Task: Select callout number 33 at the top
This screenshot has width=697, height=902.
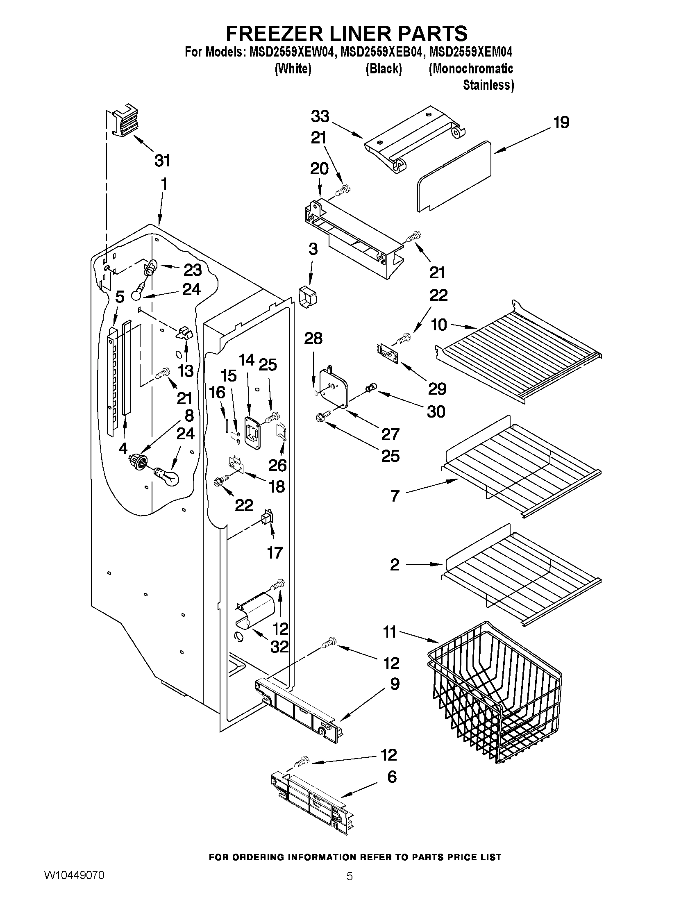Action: [320, 117]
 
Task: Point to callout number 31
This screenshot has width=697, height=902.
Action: [162, 161]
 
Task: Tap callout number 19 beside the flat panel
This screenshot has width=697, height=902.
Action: [561, 123]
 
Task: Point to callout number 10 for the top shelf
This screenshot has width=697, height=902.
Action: [439, 325]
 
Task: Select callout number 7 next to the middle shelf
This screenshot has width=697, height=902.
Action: [395, 495]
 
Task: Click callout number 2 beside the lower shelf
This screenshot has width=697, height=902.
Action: [395, 565]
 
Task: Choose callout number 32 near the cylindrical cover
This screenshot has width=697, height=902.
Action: [279, 647]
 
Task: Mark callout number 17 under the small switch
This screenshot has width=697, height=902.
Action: [275, 552]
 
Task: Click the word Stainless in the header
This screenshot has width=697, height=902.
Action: [488, 86]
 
